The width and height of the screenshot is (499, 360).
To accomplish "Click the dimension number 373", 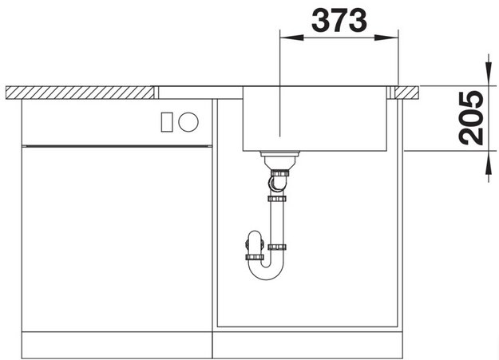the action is click(x=339, y=21).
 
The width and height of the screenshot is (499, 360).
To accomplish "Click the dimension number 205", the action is click(x=472, y=118).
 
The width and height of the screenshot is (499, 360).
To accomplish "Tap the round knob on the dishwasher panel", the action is click(x=188, y=122).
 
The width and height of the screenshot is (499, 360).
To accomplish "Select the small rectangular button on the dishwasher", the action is click(x=167, y=122).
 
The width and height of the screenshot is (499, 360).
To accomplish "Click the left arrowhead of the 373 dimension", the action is click(x=291, y=38).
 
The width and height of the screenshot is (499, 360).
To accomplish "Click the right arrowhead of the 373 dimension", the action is click(x=386, y=38).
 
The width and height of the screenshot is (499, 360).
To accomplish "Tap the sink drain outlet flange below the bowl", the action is click(x=279, y=154).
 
